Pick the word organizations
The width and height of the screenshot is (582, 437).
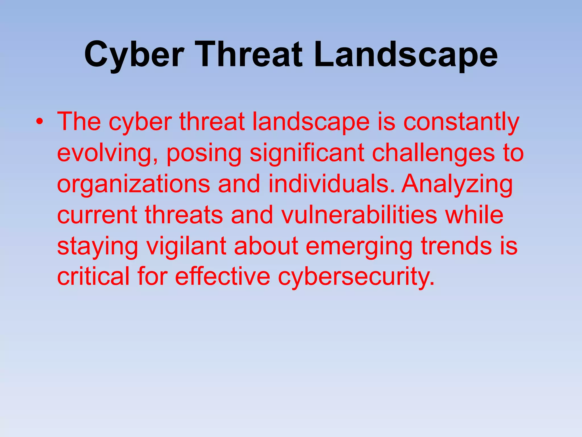pyautogui.click(x=134, y=184)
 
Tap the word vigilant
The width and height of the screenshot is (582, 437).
pyautogui.click(x=186, y=246)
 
